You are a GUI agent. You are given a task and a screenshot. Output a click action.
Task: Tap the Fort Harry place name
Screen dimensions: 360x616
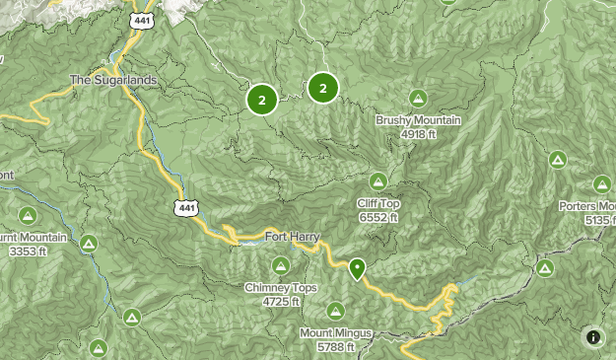[x=289, y=236]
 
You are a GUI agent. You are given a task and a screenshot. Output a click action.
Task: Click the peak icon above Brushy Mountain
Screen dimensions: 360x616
[x=419, y=99]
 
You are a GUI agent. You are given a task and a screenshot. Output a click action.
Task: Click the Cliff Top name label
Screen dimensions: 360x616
[x=378, y=204]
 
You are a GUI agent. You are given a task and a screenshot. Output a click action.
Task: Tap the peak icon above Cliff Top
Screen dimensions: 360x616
[x=378, y=181]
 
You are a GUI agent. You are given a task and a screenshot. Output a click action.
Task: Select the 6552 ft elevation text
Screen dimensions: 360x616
[x=378, y=217]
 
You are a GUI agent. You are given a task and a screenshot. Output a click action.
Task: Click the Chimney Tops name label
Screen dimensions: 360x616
[x=280, y=288]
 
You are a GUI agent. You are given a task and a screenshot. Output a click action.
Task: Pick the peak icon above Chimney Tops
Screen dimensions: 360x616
[x=280, y=265]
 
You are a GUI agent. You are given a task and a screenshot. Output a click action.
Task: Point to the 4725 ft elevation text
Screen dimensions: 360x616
[x=280, y=301]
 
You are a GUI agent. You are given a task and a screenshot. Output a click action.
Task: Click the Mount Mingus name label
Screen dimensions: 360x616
[x=336, y=333]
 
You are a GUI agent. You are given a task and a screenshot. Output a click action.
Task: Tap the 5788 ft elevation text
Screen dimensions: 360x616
[x=336, y=346]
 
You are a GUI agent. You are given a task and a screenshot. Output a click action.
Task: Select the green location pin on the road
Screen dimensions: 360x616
[x=357, y=267]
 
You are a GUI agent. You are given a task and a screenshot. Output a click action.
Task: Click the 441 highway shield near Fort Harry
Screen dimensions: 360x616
[x=183, y=205]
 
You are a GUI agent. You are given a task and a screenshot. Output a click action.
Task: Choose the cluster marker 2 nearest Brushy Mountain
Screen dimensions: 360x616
[x=322, y=88]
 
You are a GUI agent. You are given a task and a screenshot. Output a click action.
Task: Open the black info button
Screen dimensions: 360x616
[x=593, y=337]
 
